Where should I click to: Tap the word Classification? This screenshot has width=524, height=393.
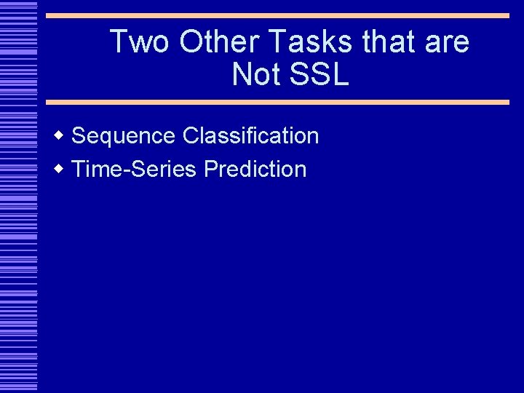point(251,136)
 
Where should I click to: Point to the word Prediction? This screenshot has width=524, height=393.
point(255,170)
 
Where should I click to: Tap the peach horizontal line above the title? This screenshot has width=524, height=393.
point(277,15)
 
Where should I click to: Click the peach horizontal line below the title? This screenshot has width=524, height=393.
point(277,103)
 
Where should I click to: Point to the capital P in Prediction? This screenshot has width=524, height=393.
point(210,170)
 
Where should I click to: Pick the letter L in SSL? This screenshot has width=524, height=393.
point(341,75)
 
